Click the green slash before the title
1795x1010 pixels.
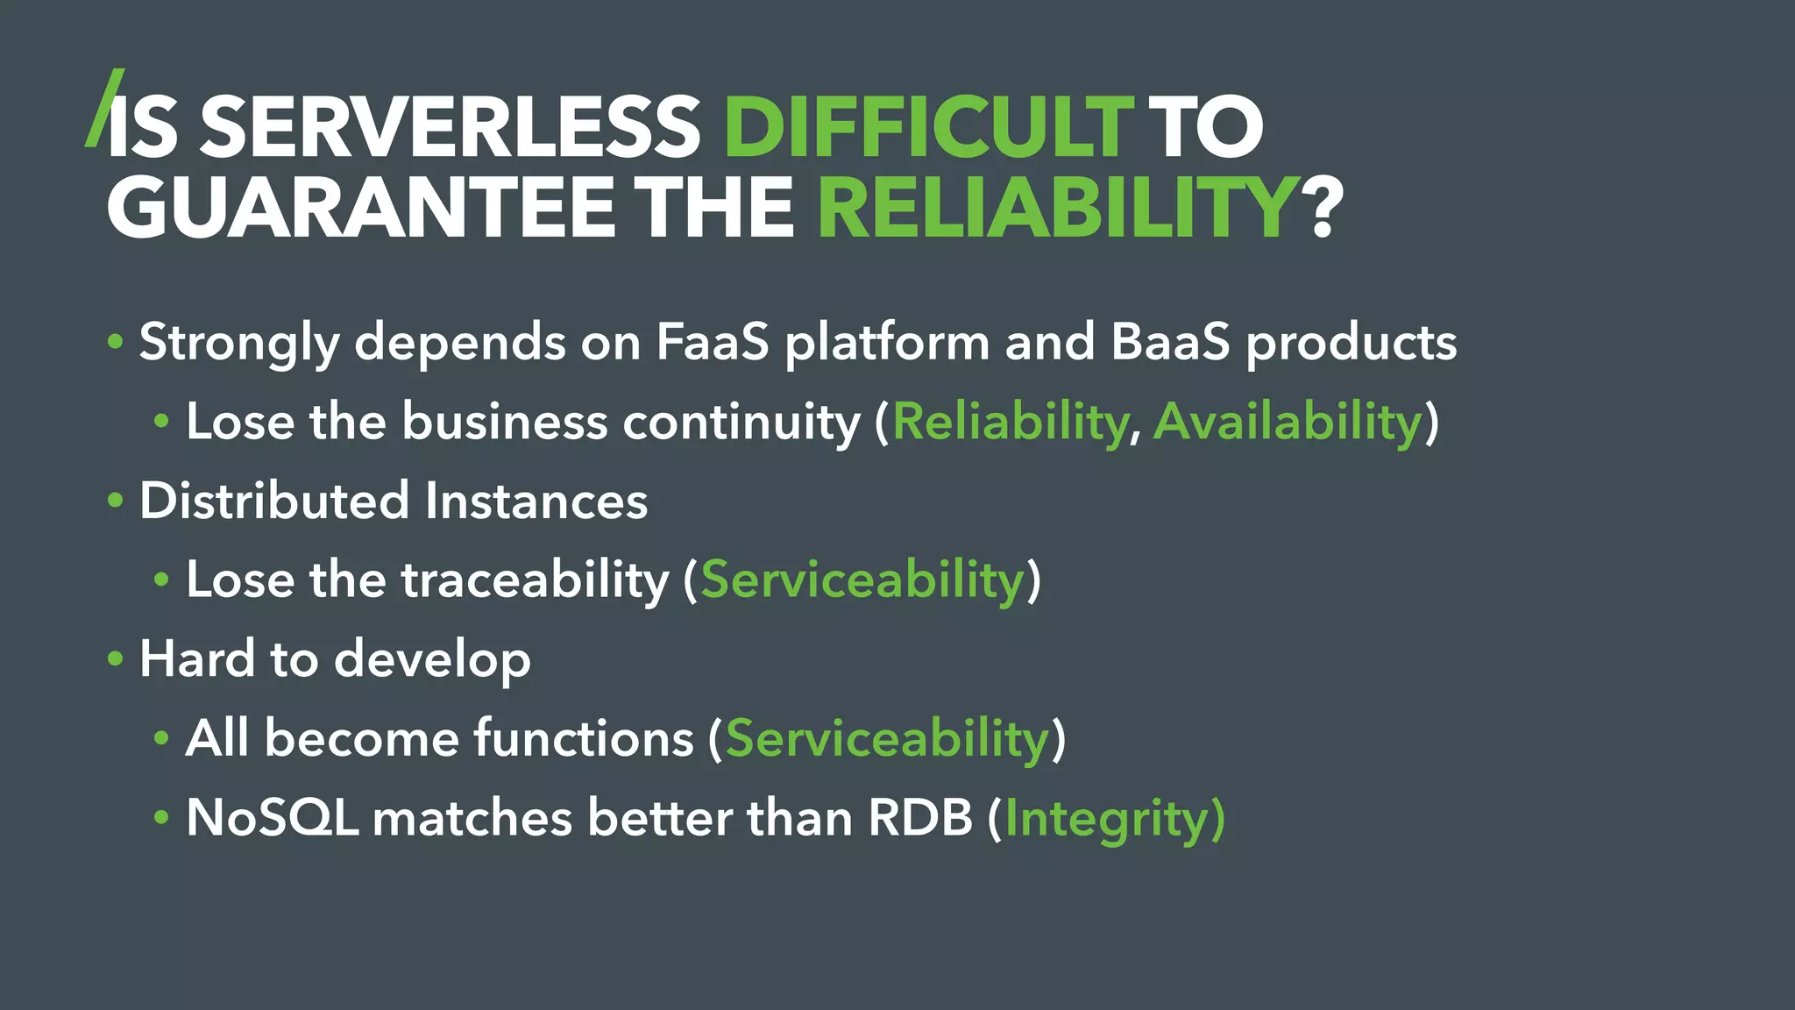(104, 107)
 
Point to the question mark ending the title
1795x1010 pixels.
(1325, 209)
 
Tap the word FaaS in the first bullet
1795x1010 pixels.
(712, 342)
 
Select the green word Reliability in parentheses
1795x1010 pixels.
(1010, 422)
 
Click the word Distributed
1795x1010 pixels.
(274, 501)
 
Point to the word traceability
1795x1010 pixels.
(535, 580)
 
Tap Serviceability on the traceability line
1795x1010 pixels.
(862, 580)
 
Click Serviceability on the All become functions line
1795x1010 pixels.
(887, 739)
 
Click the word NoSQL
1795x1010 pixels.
(273, 819)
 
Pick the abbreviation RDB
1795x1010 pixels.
(920, 819)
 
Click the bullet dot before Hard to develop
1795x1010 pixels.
(116, 659)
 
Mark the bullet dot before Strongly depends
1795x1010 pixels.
(116, 342)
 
